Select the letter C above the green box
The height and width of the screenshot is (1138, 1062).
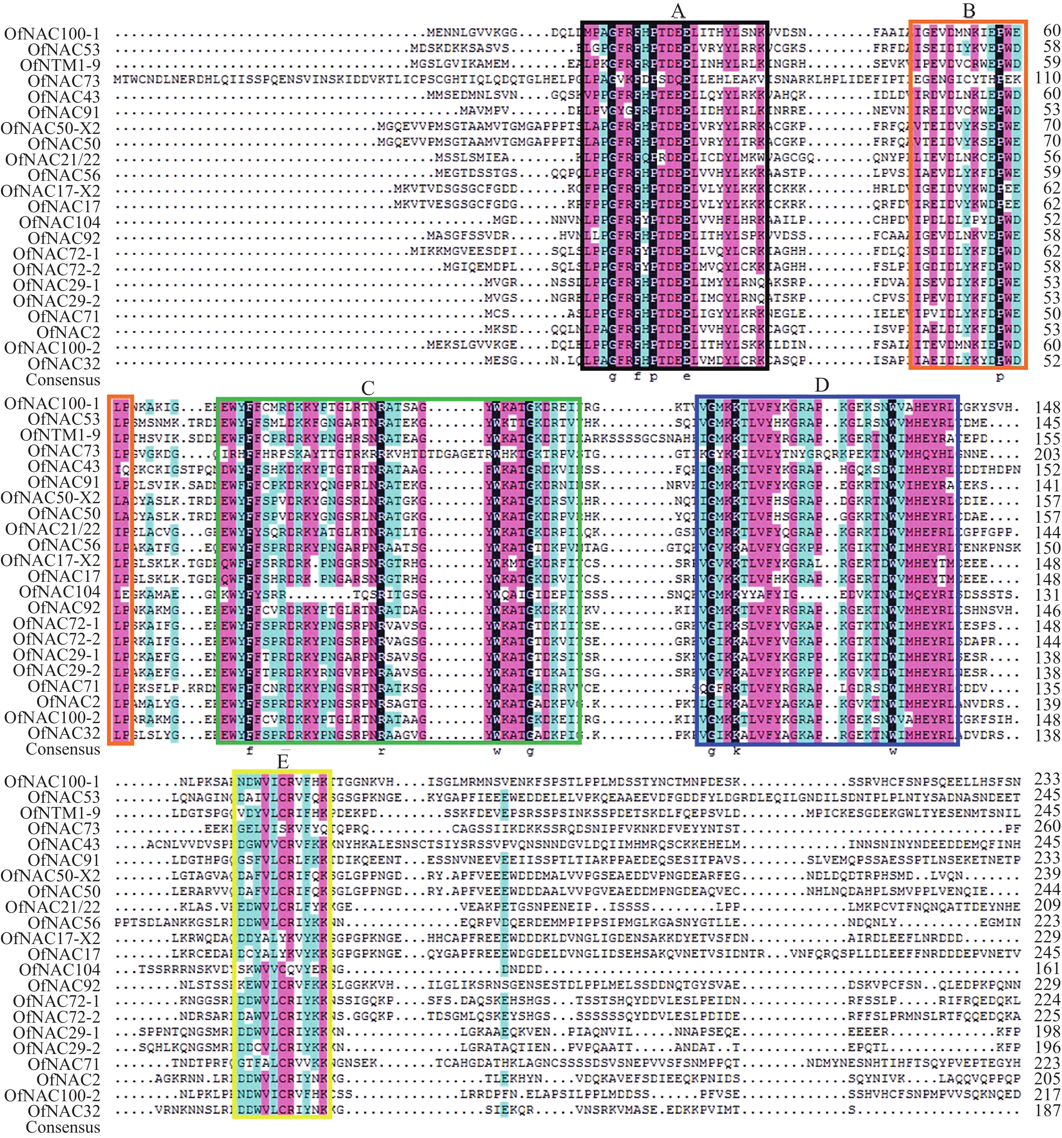[x=367, y=388]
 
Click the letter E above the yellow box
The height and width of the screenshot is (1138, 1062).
[x=282, y=762]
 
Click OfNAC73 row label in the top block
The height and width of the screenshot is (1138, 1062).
[x=63, y=81]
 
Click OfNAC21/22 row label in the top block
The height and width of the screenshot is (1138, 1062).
[x=53, y=160]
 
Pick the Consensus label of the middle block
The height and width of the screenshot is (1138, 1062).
[x=63, y=749]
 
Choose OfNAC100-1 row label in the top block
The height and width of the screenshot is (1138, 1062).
[x=52, y=34]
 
